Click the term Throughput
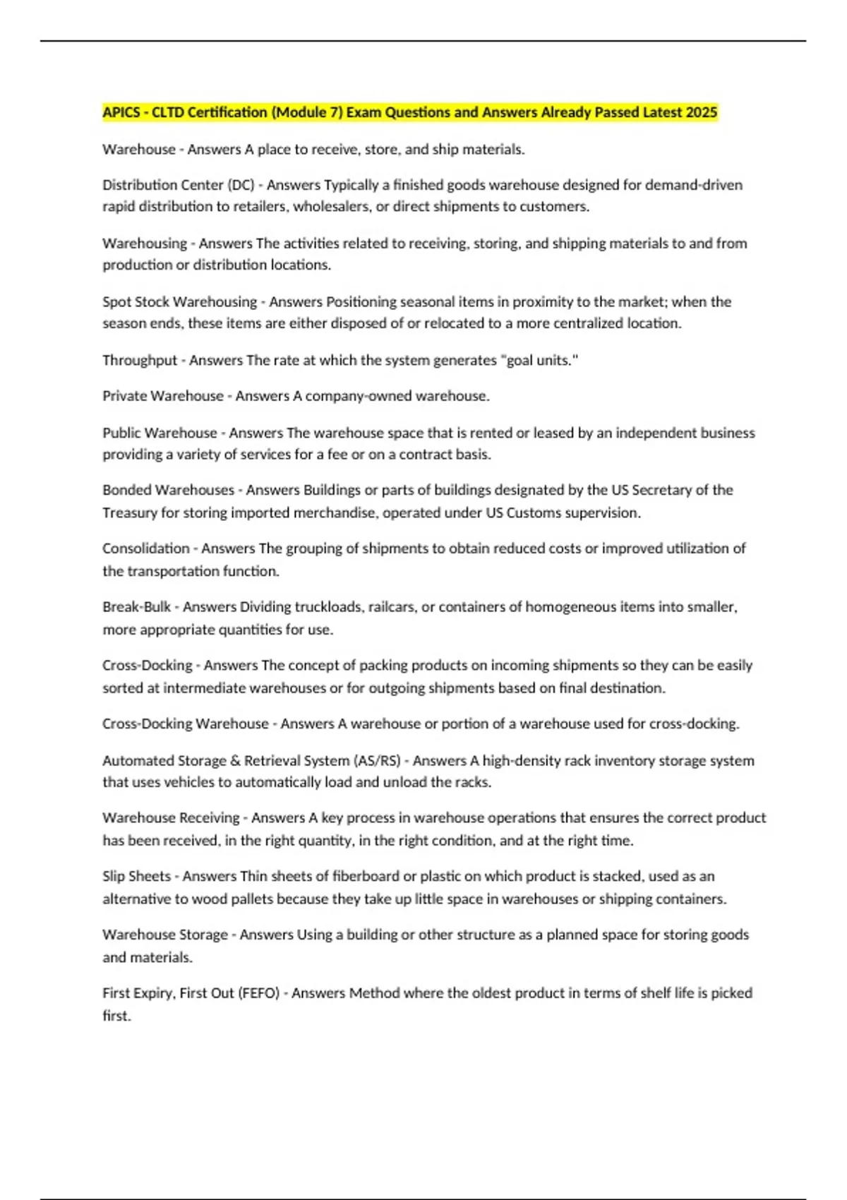pyautogui.click(x=140, y=360)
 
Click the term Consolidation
pyautogui.click(x=146, y=548)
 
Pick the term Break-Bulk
pyautogui.click(x=137, y=607)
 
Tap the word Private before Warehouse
pyautogui.click(x=125, y=396)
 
